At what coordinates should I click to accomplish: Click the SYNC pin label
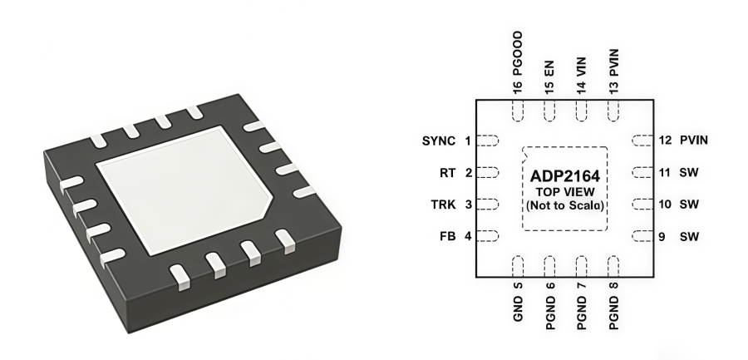(x=439, y=141)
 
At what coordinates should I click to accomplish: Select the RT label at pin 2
(x=447, y=173)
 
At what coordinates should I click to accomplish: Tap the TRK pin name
(x=443, y=205)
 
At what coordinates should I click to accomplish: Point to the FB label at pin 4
(x=447, y=236)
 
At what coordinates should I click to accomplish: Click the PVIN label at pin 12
(x=694, y=141)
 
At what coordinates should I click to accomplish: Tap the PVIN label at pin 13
(x=614, y=62)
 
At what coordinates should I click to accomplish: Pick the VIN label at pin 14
(x=582, y=67)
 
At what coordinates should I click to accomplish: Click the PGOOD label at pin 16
(x=518, y=58)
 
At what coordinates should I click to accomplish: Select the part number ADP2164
(x=565, y=176)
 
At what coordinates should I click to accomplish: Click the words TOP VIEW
(x=565, y=192)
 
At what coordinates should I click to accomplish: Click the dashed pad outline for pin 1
(x=490, y=141)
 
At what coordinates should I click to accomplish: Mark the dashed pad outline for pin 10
(x=640, y=205)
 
